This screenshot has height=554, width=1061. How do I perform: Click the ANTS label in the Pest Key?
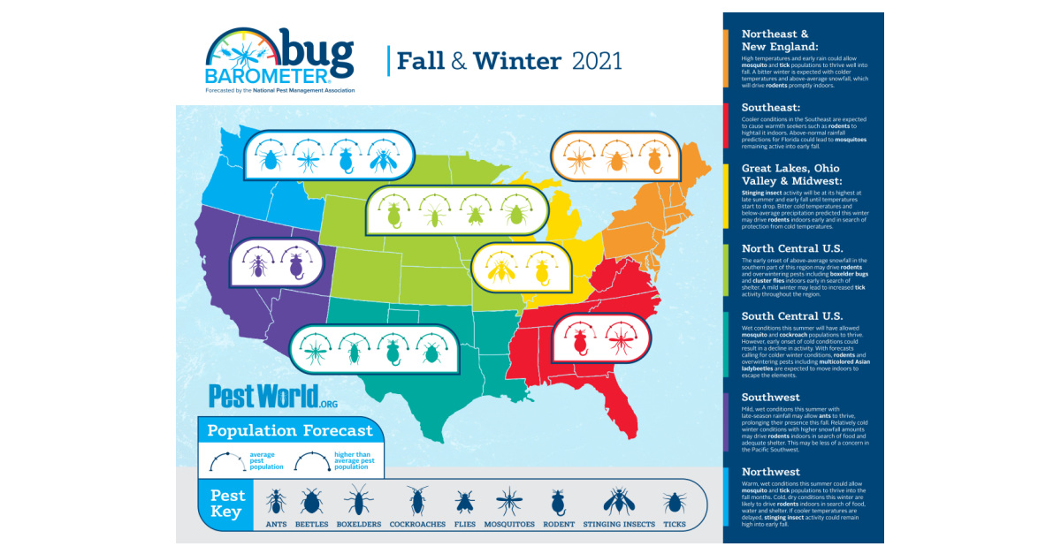276,524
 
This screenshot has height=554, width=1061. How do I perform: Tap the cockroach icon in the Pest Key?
417,502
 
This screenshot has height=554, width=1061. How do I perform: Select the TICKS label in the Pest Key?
676,524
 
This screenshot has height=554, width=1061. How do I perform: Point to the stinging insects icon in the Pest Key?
618,502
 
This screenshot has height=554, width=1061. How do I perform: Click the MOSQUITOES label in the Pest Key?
509,524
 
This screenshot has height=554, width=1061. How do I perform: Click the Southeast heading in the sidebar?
771,108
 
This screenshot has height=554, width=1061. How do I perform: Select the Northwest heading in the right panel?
771,472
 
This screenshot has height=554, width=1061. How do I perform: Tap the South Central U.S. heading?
792,315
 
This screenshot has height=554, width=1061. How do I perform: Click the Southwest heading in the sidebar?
771,397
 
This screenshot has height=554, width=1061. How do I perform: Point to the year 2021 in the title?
597,62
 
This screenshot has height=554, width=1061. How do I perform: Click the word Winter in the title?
517,62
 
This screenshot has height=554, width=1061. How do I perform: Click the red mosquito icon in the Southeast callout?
623,338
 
